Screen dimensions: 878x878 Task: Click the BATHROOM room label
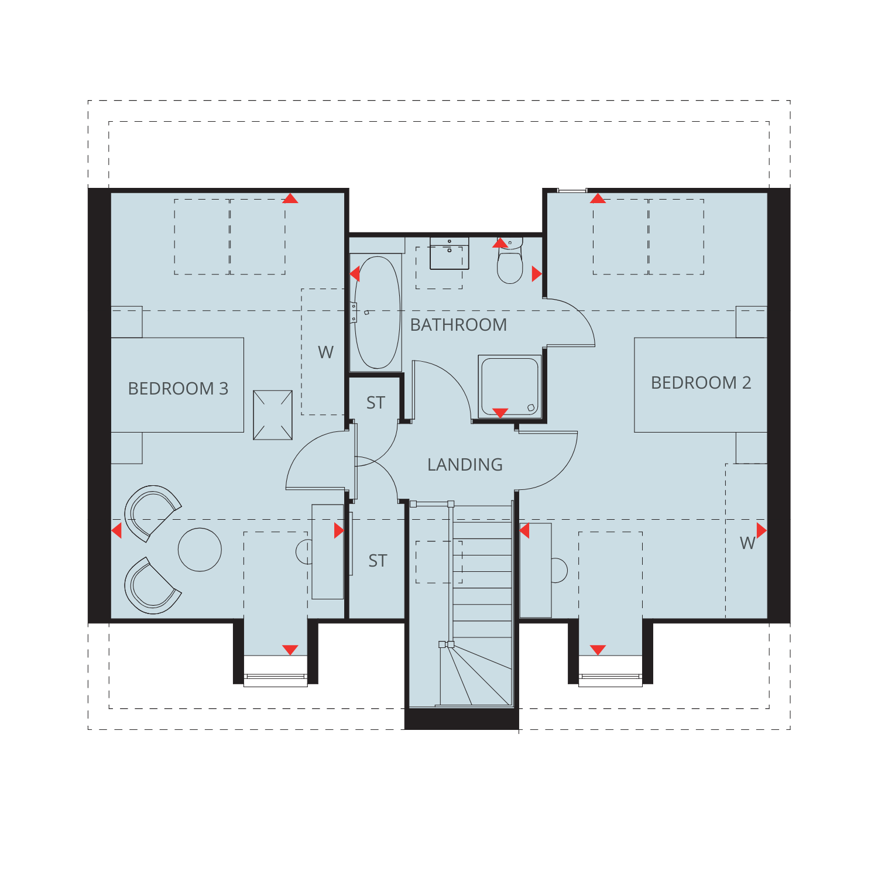[458, 325]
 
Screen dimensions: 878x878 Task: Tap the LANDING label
[465, 465]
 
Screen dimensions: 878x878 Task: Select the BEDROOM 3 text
[178, 389]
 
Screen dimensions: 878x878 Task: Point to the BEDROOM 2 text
[701, 383]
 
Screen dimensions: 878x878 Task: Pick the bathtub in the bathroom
[378, 313]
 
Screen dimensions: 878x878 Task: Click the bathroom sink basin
[450, 253]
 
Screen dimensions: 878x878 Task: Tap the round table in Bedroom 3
[200, 550]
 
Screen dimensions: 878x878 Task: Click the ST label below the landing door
[378, 561]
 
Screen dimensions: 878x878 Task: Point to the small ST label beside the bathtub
[376, 403]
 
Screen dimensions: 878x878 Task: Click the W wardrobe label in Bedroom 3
[325, 352]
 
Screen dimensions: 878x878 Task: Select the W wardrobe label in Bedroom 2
[747, 543]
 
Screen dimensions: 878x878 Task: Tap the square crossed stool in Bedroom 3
[273, 415]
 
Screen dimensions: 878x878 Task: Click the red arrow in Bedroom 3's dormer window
[290, 650]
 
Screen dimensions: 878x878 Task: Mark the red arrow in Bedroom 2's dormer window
[598, 650]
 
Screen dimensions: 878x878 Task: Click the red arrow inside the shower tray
[500, 413]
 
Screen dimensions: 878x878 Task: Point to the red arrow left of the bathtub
[355, 273]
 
